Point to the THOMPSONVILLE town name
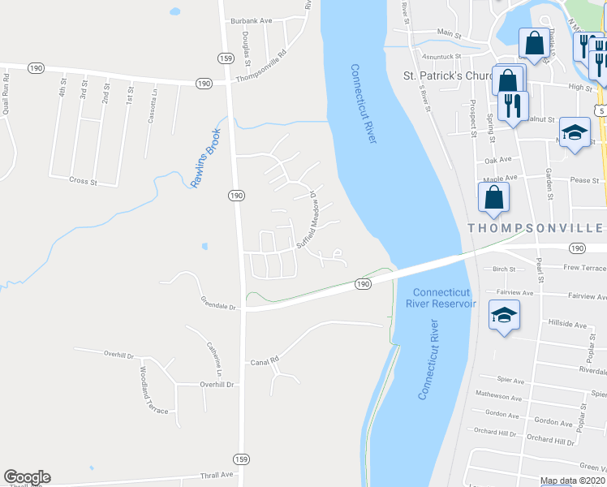[x=536, y=228]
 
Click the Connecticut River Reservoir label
[x=443, y=298]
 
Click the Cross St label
[x=83, y=181]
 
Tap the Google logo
[x=27, y=477]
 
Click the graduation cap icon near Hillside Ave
[x=504, y=313]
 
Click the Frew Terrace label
[x=583, y=267]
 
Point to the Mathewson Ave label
[x=498, y=398]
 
